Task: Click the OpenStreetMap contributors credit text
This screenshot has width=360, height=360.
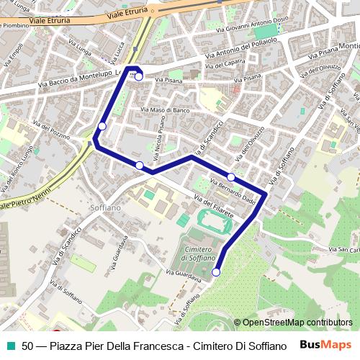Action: [297, 323]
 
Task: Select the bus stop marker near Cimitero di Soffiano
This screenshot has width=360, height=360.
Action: [216, 272]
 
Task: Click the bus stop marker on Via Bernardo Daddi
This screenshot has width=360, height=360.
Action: [231, 176]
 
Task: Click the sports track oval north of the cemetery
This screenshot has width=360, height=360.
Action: [215, 220]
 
